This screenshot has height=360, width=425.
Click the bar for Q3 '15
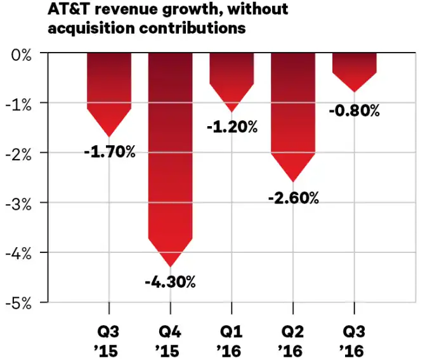(x=109, y=89)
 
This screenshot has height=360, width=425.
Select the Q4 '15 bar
(x=170, y=152)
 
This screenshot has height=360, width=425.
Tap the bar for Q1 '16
(x=232, y=76)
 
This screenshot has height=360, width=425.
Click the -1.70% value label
(x=110, y=152)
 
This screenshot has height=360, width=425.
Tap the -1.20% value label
(x=232, y=127)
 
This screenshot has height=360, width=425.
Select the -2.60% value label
(x=293, y=198)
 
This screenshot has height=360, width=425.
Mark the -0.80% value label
(x=355, y=111)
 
